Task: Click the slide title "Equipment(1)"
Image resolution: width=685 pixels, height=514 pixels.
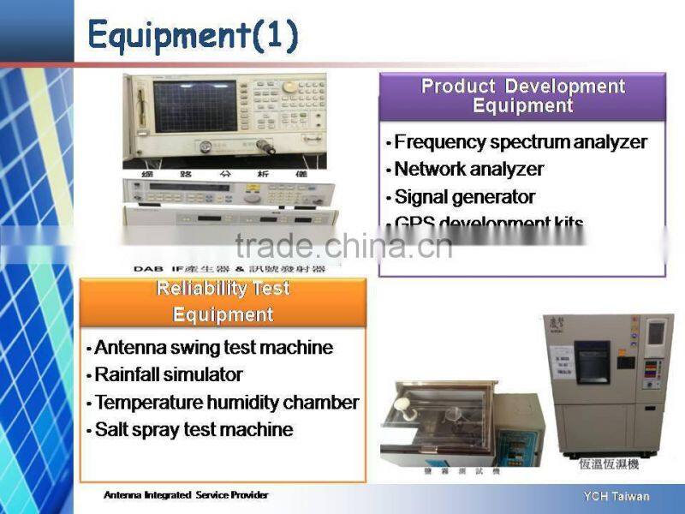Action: click(x=194, y=35)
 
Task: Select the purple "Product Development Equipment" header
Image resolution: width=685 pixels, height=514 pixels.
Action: click(x=522, y=96)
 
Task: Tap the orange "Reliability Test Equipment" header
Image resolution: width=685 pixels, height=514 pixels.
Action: click(x=223, y=302)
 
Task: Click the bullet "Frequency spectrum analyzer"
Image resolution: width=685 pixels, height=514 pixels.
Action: click(x=520, y=142)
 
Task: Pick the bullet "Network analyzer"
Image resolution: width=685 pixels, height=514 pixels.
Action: click(x=468, y=170)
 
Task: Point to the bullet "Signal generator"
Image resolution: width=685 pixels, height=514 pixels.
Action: click(x=464, y=197)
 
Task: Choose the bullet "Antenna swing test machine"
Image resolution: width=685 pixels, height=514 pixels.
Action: click(x=213, y=348)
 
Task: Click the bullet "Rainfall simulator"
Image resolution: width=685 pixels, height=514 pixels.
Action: click(x=168, y=375)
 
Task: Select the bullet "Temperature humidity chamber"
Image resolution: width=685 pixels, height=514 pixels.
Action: click(x=226, y=403)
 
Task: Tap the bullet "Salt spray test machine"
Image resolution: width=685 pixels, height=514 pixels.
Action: click(x=194, y=430)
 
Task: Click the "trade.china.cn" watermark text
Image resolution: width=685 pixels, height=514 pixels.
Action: click(x=343, y=246)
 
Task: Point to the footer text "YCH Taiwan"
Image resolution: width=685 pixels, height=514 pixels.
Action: click(x=616, y=497)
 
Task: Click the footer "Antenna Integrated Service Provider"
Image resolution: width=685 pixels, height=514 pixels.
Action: click(x=186, y=495)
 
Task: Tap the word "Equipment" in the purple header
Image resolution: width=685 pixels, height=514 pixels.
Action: click(x=522, y=106)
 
